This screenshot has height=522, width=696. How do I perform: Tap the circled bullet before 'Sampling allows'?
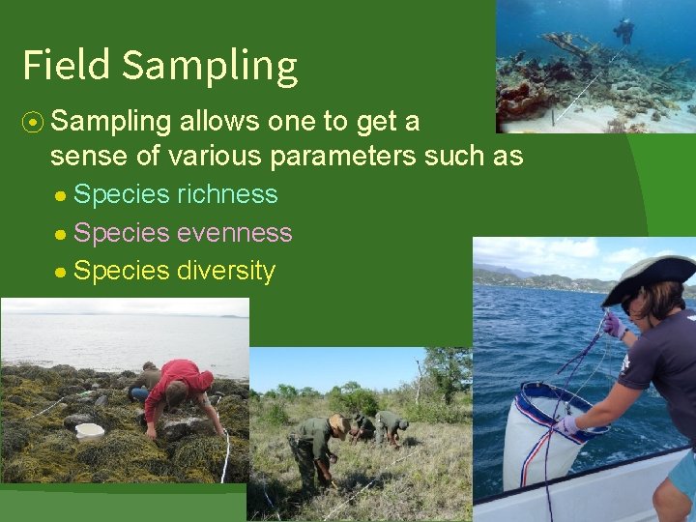(x=32, y=122)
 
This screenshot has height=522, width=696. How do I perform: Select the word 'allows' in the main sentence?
(x=224, y=122)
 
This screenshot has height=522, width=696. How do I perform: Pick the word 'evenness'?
(x=234, y=233)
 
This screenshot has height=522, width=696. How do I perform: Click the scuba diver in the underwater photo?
(x=624, y=31)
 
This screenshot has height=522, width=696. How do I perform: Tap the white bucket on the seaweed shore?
(x=89, y=430)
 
